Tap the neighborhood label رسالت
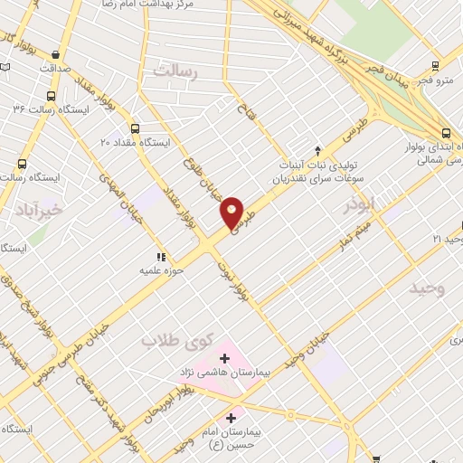176,71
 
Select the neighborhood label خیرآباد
37,210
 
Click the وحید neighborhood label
429,288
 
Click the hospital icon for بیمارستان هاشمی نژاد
225,359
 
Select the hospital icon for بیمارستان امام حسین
232,419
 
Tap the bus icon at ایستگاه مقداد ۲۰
136,128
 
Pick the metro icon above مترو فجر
436,66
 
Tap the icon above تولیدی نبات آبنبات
317,150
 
